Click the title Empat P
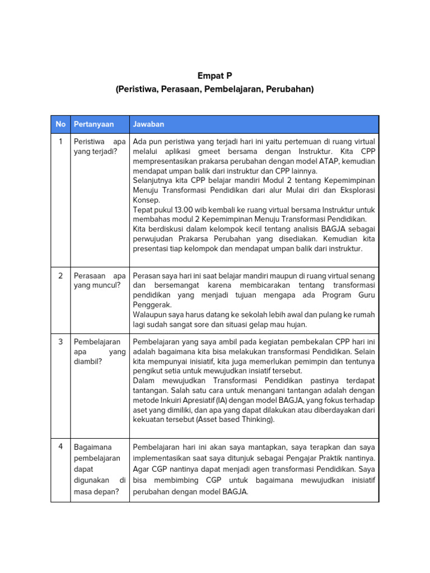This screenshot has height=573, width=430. (214, 76)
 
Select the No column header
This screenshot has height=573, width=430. (60, 124)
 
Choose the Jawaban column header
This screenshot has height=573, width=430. (148, 124)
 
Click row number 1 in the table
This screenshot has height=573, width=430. (60, 142)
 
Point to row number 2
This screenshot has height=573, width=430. (60, 276)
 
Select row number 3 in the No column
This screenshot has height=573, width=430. (60, 342)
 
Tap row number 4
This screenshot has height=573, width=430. (60, 447)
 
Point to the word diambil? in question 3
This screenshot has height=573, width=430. (88, 361)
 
